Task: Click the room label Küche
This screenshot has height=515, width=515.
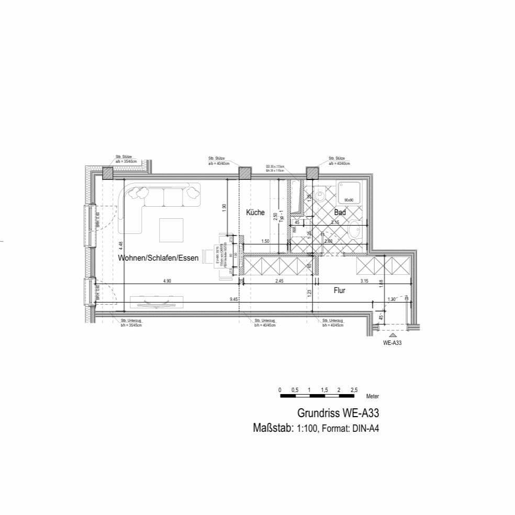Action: click(x=255, y=212)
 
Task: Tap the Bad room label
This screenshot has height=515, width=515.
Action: click(x=340, y=212)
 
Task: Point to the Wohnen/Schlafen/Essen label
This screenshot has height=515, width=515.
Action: click(x=158, y=259)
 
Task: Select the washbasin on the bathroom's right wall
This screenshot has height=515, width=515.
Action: click(x=356, y=230)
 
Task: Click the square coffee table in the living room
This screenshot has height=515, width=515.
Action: click(x=171, y=230)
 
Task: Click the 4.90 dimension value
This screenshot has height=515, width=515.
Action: click(x=167, y=281)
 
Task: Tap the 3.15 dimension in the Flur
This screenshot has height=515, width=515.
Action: click(x=365, y=281)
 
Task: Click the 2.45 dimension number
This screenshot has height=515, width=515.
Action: click(x=279, y=281)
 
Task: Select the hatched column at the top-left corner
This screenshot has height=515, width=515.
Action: click(x=107, y=173)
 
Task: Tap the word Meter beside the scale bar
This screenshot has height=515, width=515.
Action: click(x=372, y=396)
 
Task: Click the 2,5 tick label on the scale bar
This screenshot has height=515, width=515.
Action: click(x=354, y=390)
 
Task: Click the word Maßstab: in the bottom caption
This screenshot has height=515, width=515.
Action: click(x=273, y=428)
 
